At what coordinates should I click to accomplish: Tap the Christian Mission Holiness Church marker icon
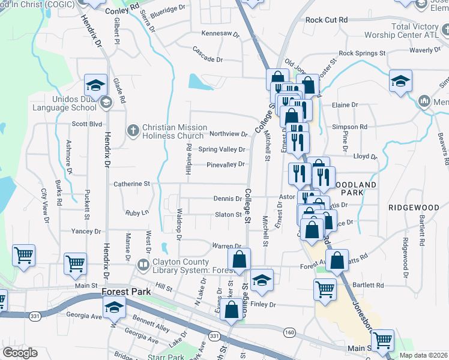[133, 129]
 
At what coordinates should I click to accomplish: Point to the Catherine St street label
[131, 184]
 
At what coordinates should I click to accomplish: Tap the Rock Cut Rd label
[327, 20]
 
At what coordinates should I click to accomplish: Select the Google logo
[20, 353]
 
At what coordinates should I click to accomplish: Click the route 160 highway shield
[290, 332]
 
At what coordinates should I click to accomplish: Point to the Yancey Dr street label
[86, 231]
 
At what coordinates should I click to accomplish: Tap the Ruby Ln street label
[136, 213]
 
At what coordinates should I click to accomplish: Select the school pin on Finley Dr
[262, 280]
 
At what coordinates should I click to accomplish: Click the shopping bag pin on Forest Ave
[337, 260]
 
